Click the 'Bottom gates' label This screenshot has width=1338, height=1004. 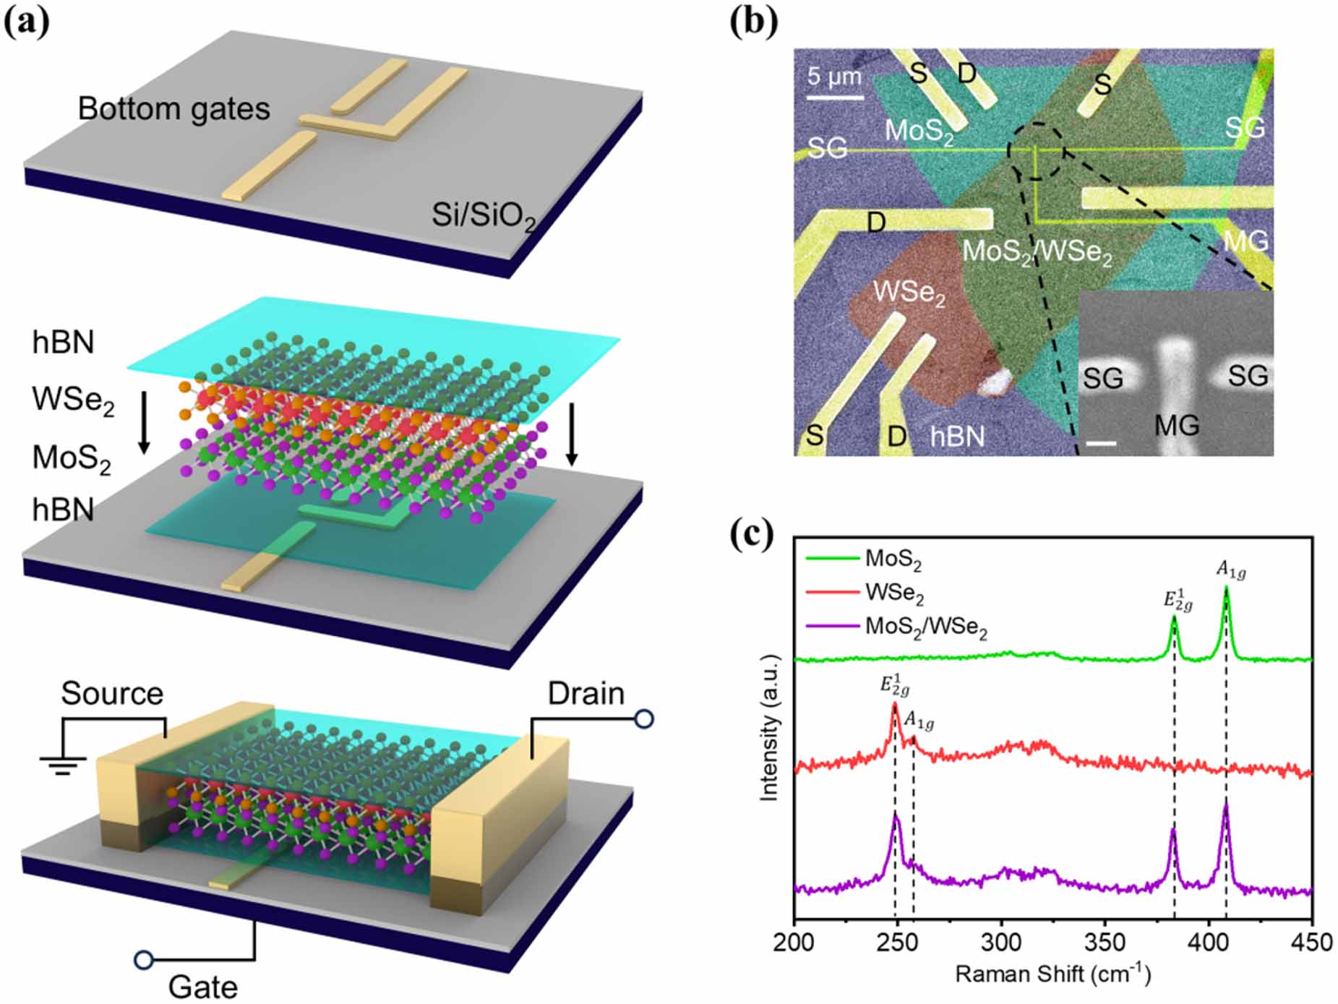pos(173,109)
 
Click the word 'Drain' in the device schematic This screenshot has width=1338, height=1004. pos(586,694)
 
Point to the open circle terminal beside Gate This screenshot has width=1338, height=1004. pos(144,960)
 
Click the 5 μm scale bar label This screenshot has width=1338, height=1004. pos(834,77)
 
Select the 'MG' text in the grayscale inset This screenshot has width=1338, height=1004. pos(1176,426)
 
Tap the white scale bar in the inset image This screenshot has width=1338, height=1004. pos(1101,442)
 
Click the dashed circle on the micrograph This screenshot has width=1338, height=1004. pos(1037,150)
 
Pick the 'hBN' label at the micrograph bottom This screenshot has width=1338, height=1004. pos(957,436)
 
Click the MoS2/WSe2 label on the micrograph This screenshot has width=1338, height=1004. pos(1037,252)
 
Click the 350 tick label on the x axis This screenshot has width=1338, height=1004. pos(1105,943)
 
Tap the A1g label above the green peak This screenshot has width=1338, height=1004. pos(1230,571)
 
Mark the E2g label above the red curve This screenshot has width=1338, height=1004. pos(893,685)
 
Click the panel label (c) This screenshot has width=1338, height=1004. pos(751,534)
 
